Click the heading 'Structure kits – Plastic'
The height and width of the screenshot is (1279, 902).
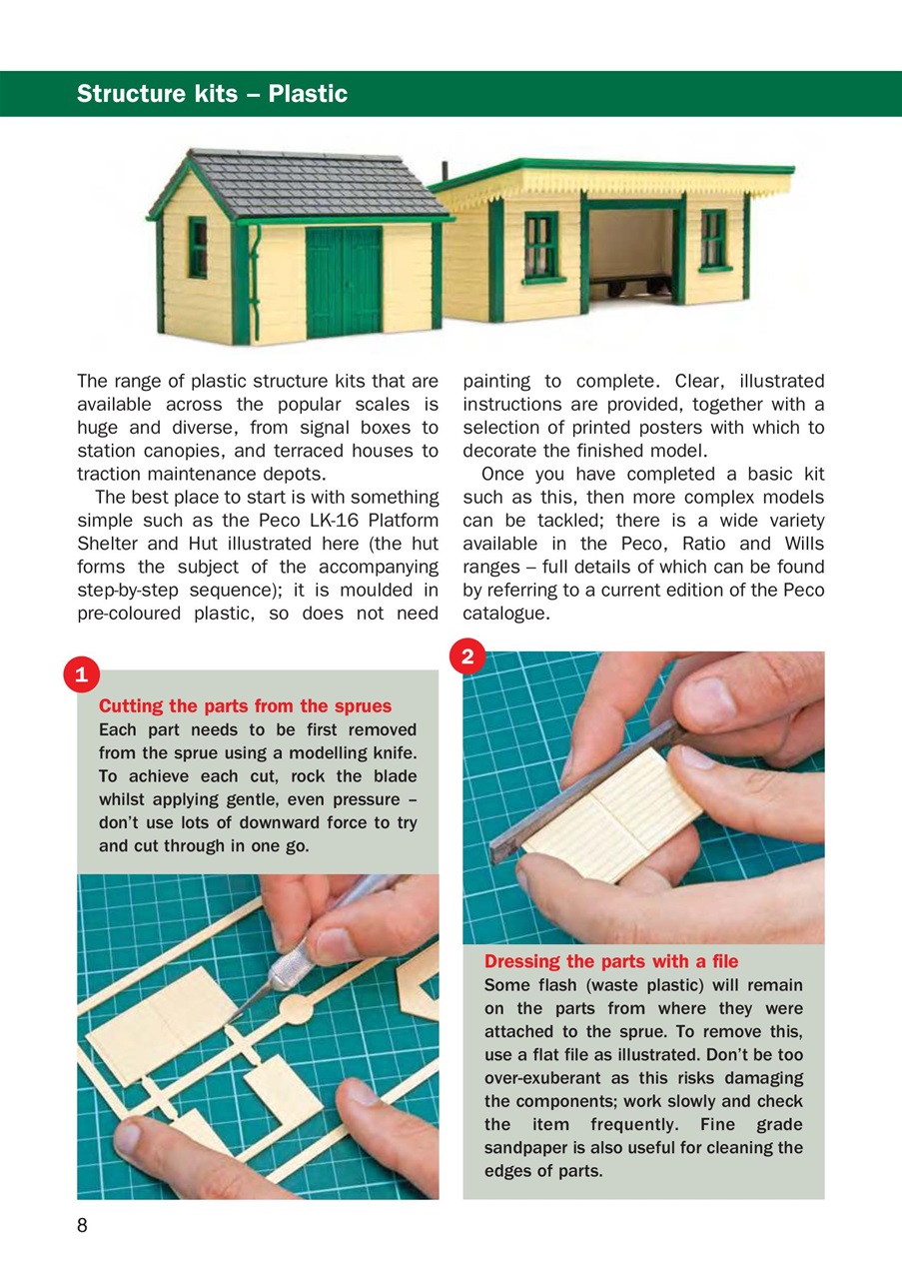212,94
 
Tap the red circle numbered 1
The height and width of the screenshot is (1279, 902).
79,674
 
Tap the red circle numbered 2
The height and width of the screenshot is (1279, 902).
467,656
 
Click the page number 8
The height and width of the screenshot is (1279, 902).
83,1226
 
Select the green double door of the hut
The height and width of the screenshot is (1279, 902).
344,283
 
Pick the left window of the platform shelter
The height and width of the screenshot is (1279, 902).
540,246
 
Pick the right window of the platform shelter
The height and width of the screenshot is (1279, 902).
713,240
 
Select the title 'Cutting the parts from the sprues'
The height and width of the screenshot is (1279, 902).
245,706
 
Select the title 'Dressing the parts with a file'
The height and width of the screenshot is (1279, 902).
611,961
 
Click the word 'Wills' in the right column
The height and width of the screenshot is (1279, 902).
802,544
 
